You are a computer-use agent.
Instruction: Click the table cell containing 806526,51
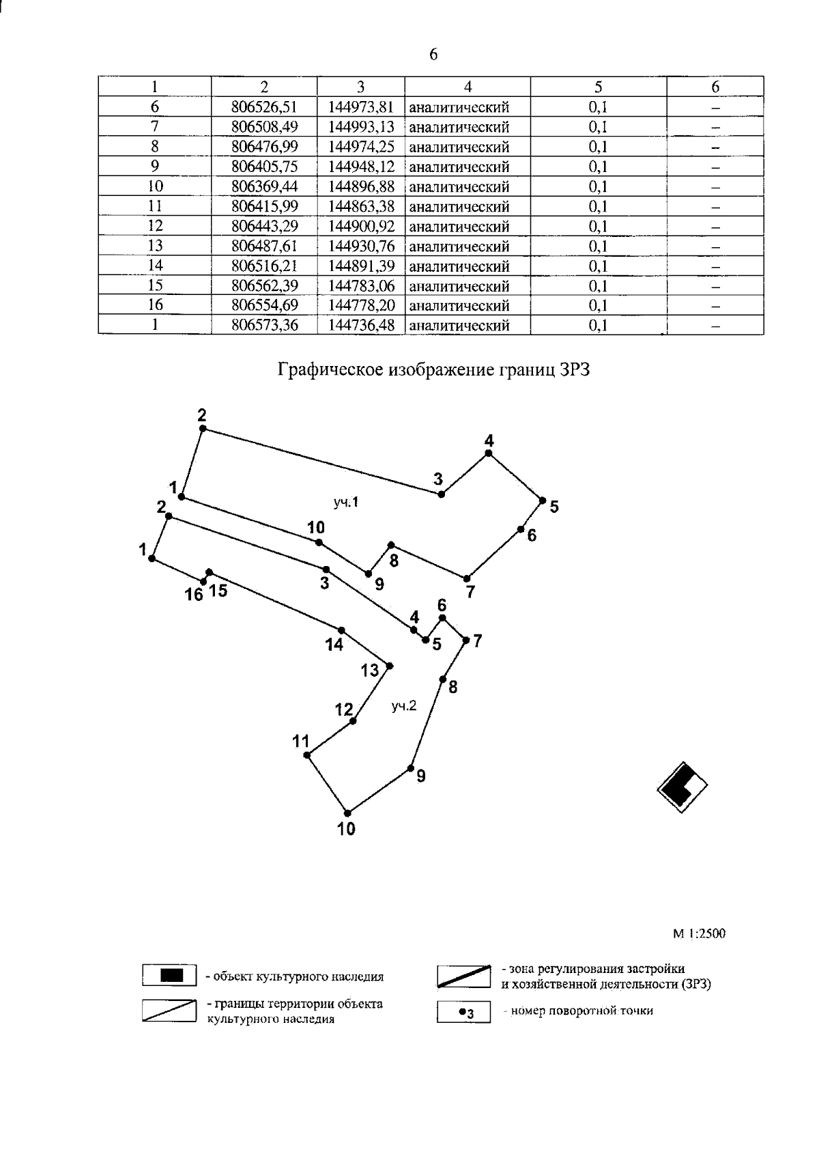pos(264,107)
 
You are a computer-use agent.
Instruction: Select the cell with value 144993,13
pos(361,127)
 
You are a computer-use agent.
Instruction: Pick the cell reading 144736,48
pos(361,325)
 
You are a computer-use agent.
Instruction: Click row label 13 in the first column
pos(155,246)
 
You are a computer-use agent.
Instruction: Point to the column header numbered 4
pos(468,87)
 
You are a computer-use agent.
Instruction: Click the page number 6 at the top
pos(433,55)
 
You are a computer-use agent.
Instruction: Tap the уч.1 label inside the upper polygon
pos(346,503)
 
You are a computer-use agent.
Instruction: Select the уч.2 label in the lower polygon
pos(403,706)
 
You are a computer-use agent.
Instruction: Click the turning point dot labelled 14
pos(341,630)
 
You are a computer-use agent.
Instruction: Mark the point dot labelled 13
pos(390,665)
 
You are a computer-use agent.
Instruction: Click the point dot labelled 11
pos(307,755)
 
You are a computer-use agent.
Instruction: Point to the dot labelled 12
pos(353,721)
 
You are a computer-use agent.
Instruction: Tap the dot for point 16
pos(203,581)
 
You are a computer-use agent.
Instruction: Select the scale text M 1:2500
pos(699,933)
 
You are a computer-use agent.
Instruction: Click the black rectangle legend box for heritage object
pos(170,975)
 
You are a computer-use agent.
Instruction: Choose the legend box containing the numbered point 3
pos(463,1012)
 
